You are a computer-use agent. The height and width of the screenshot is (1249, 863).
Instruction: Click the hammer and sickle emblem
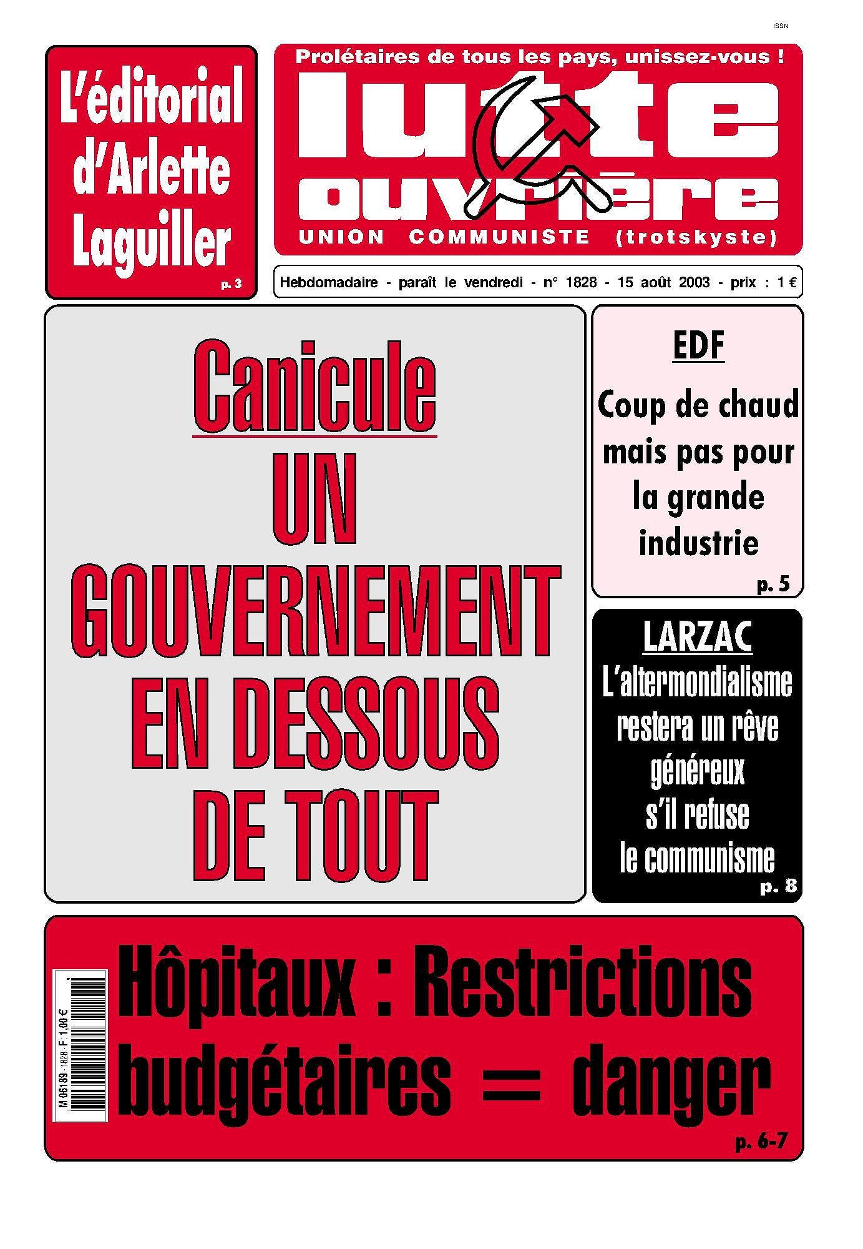(535, 145)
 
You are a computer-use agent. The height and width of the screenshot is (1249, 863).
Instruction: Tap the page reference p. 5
(773, 585)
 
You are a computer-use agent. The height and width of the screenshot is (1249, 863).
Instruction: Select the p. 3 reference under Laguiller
(231, 285)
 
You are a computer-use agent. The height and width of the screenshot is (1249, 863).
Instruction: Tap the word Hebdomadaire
(329, 282)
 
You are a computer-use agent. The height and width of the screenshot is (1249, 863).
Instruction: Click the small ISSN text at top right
(780, 26)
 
